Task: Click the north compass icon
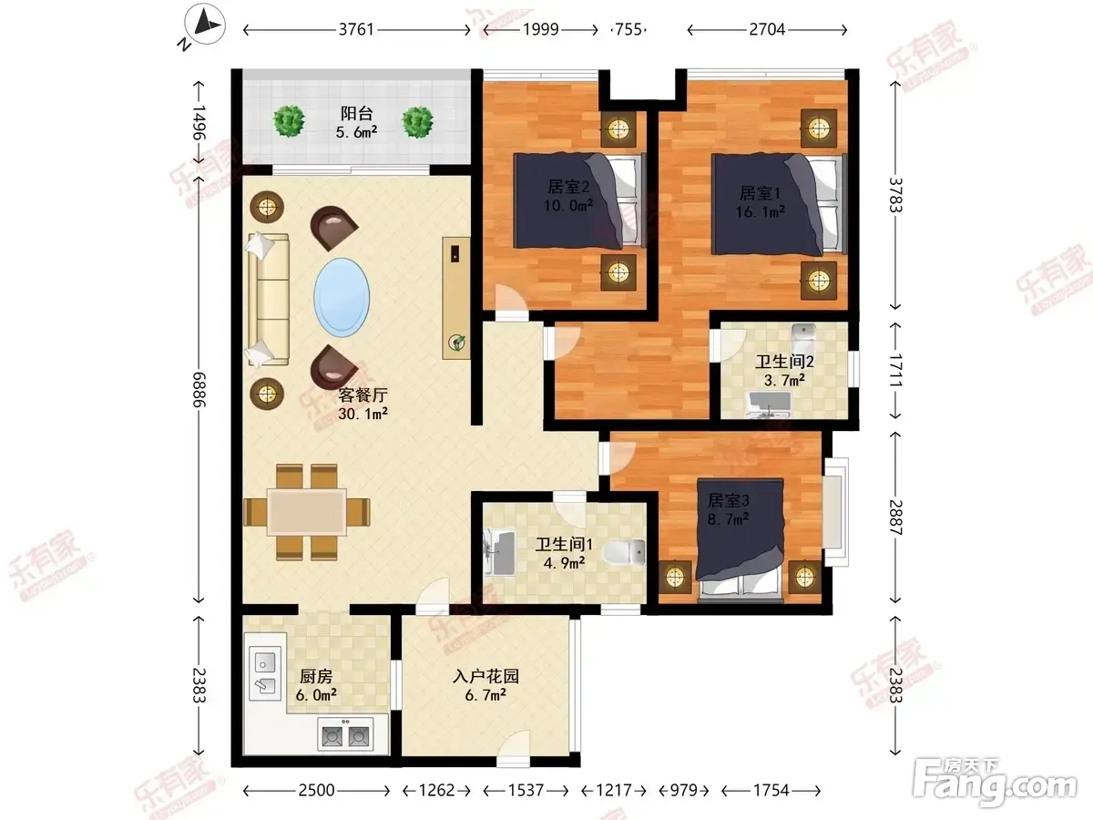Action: pos(205,24)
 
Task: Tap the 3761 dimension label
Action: pos(356,30)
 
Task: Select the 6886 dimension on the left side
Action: pos(199,389)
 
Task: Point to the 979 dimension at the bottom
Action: pos(684,790)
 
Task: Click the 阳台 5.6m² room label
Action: pos(356,122)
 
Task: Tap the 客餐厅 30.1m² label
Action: pos(363,404)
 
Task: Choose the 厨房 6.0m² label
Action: pos(316,685)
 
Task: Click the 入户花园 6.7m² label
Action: pos(485,685)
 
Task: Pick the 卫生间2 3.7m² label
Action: pos(784,371)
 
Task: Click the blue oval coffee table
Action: pos(342,297)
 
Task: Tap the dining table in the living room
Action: pos(307,512)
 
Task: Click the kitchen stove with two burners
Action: pos(345,733)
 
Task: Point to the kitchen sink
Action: pos(265,673)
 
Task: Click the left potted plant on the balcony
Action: pos(289,121)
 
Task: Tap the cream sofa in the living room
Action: pos(269,299)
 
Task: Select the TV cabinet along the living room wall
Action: pos(456,298)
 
